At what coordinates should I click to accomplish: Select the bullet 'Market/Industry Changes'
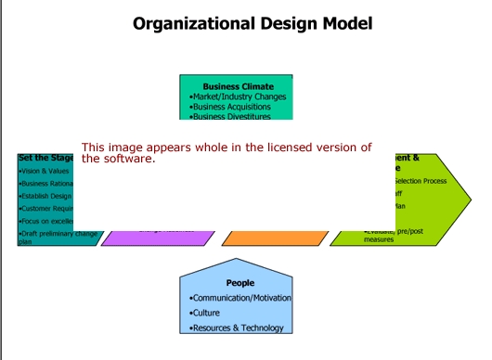(238, 96)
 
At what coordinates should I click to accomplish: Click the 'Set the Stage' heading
(45, 158)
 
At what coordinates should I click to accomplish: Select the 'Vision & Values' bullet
(42, 171)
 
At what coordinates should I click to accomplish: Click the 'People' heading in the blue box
(240, 282)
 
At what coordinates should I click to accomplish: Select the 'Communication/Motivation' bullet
(240, 298)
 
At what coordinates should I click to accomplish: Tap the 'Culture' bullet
(206, 313)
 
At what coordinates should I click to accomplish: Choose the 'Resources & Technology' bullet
(239, 328)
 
